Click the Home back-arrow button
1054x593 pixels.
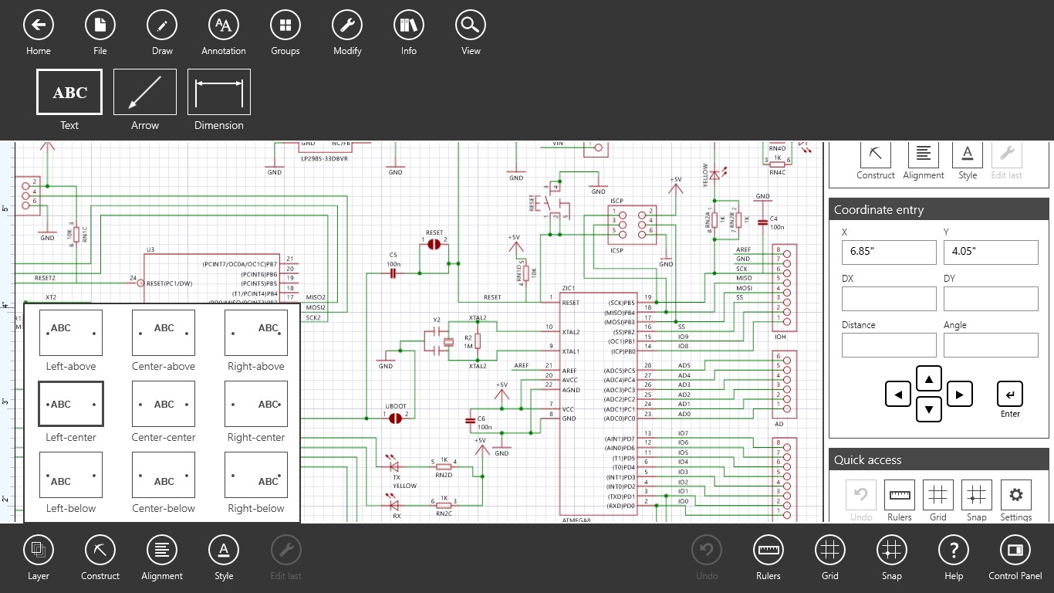(x=38, y=25)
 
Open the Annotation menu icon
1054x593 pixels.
(x=224, y=25)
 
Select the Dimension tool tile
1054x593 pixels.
(x=219, y=92)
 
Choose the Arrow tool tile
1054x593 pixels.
(x=145, y=92)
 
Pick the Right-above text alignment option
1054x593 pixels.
(x=256, y=333)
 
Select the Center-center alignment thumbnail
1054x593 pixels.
(x=164, y=404)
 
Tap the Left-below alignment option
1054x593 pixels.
(x=71, y=475)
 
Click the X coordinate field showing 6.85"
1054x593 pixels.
(x=889, y=252)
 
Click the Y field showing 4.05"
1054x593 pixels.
(x=991, y=252)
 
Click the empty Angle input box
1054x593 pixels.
(x=991, y=345)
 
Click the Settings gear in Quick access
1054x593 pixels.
(x=1015, y=495)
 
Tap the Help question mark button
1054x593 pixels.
(x=954, y=551)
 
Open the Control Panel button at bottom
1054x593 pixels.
(x=1015, y=551)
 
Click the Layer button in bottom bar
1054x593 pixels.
(x=38, y=551)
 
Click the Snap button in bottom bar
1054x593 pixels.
(x=892, y=551)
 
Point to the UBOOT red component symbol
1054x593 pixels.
(x=396, y=418)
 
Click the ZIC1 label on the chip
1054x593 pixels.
(x=569, y=289)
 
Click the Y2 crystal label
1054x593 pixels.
(x=437, y=319)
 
